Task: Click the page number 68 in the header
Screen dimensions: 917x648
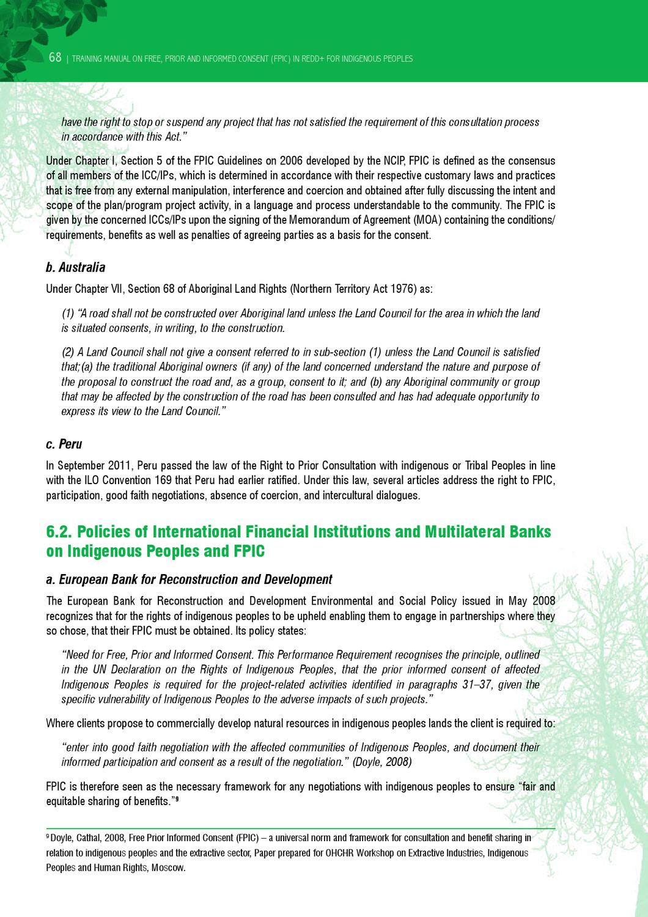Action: tap(55, 58)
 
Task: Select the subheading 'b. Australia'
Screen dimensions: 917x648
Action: tap(76, 267)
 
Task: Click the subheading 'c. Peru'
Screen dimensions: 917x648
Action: tap(64, 444)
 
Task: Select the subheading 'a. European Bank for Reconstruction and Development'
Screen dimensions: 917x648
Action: tap(190, 579)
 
